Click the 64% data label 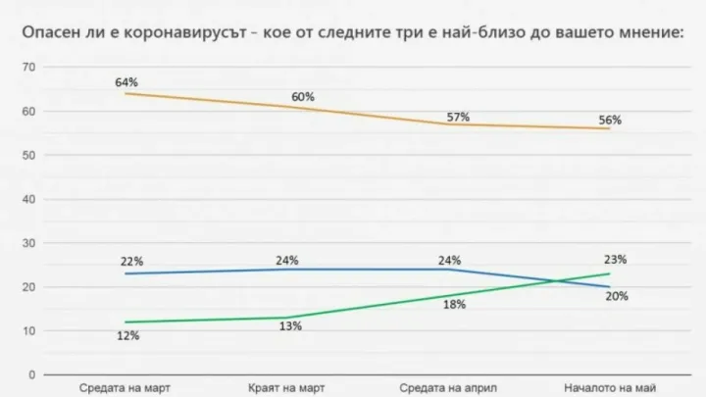126,82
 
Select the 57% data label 459,117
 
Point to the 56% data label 611,121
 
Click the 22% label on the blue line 133,262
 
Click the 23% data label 616,260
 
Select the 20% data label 616,296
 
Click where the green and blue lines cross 567,280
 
